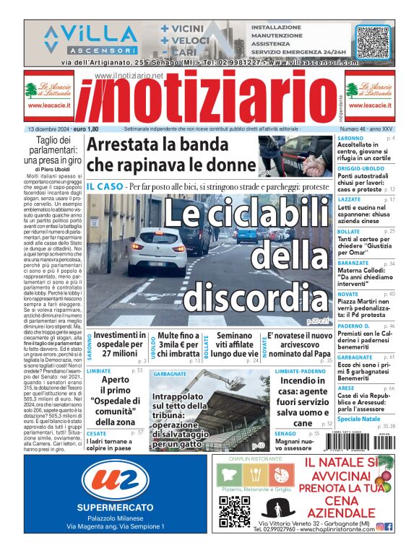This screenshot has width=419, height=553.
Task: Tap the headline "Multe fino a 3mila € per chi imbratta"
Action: tap(179, 344)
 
